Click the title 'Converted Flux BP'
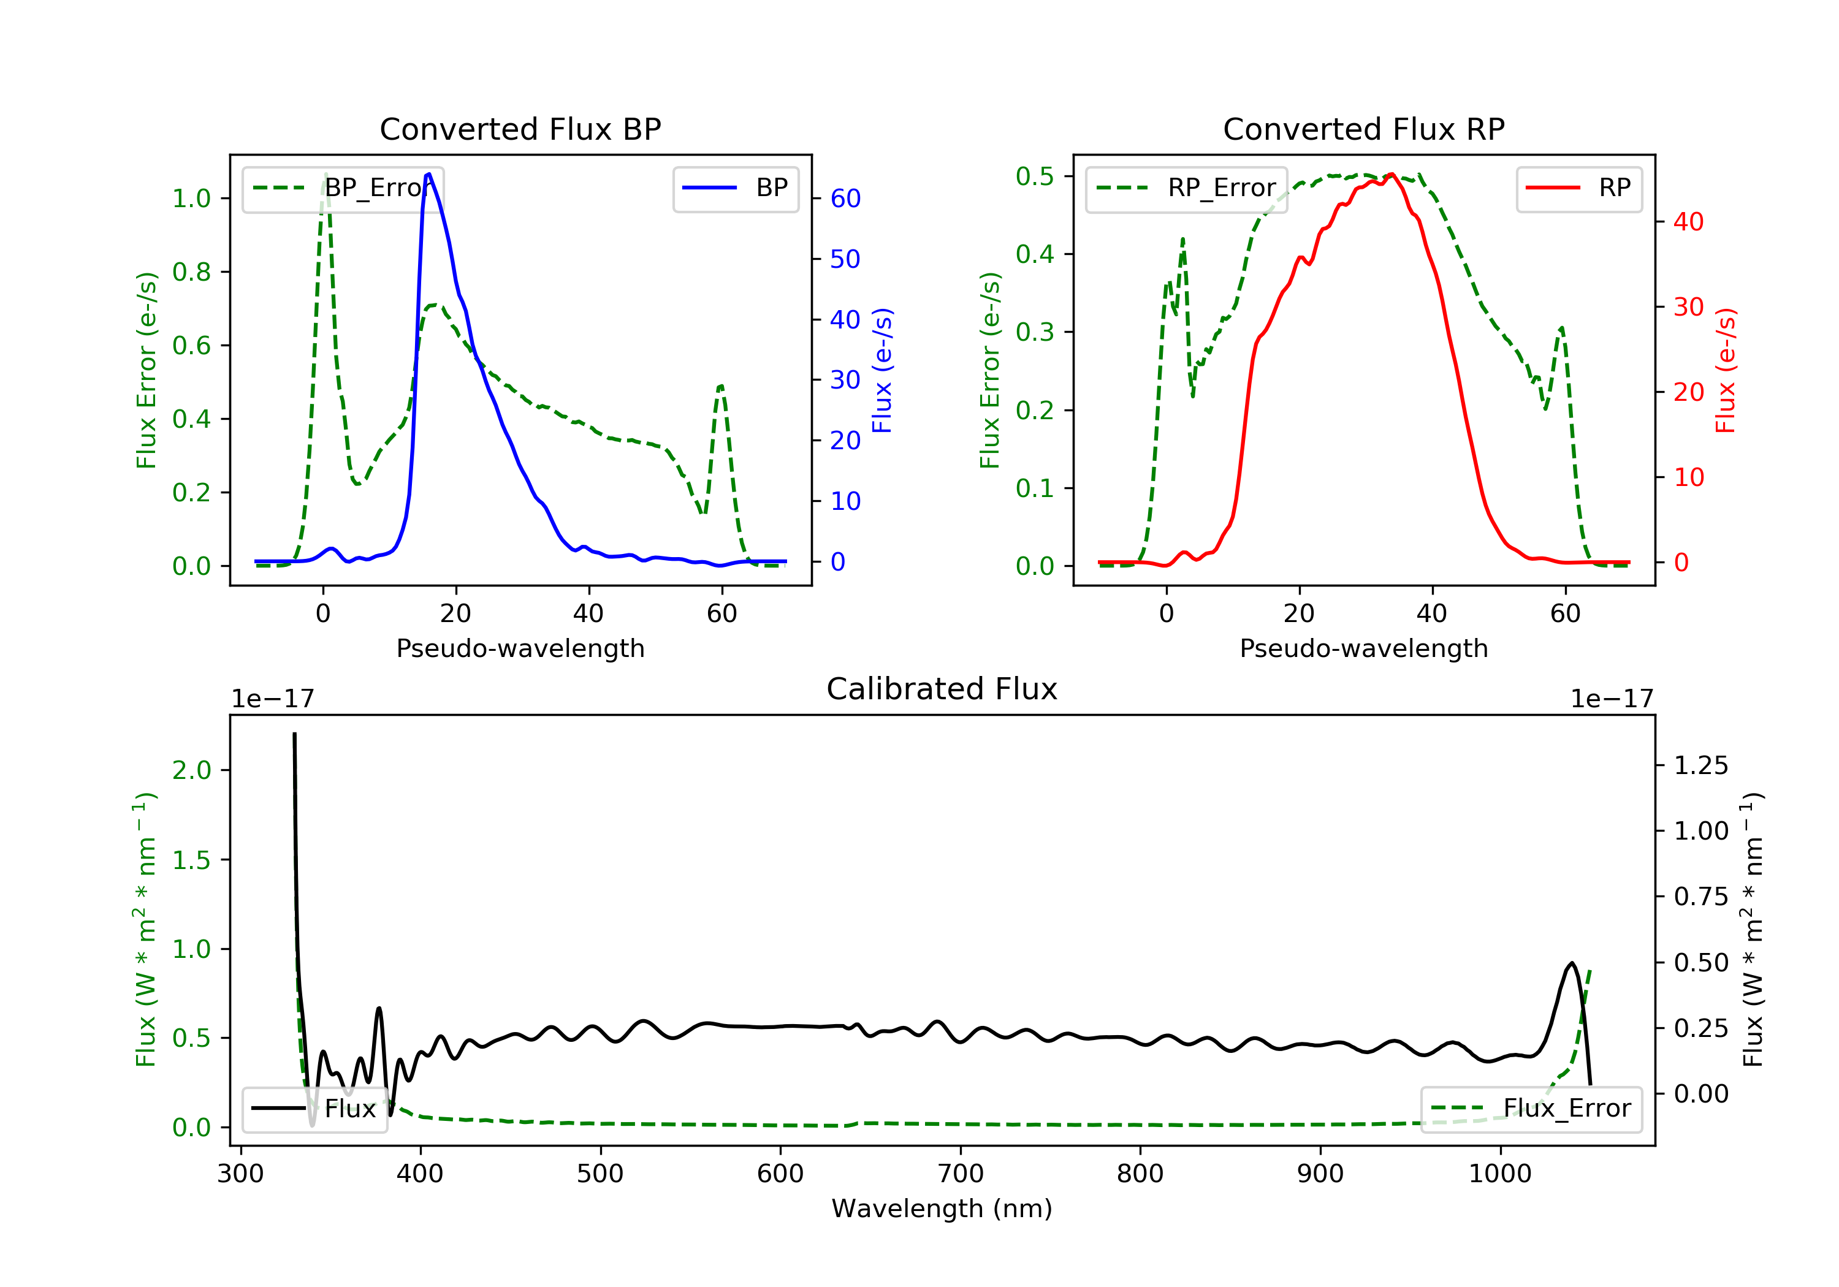click(520, 129)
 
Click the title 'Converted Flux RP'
click(1363, 129)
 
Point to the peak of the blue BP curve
click(428, 174)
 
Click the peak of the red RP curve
click(1392, 175)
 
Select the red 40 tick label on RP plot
click(1688, 222)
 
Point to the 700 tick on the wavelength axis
click(961, 1174)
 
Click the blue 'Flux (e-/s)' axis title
click(882, 370)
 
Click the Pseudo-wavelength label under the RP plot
click(1363, 648)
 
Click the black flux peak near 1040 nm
click(1572, 963)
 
